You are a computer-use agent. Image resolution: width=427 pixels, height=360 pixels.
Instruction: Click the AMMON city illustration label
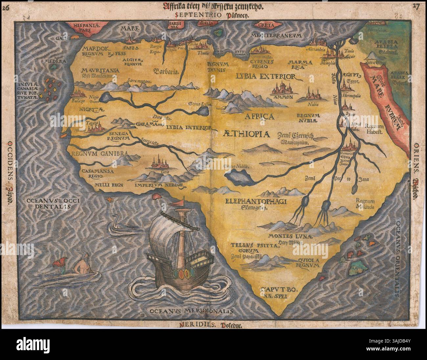point(285,97)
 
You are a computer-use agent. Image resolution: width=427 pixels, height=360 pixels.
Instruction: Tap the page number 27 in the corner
point(416,6)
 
